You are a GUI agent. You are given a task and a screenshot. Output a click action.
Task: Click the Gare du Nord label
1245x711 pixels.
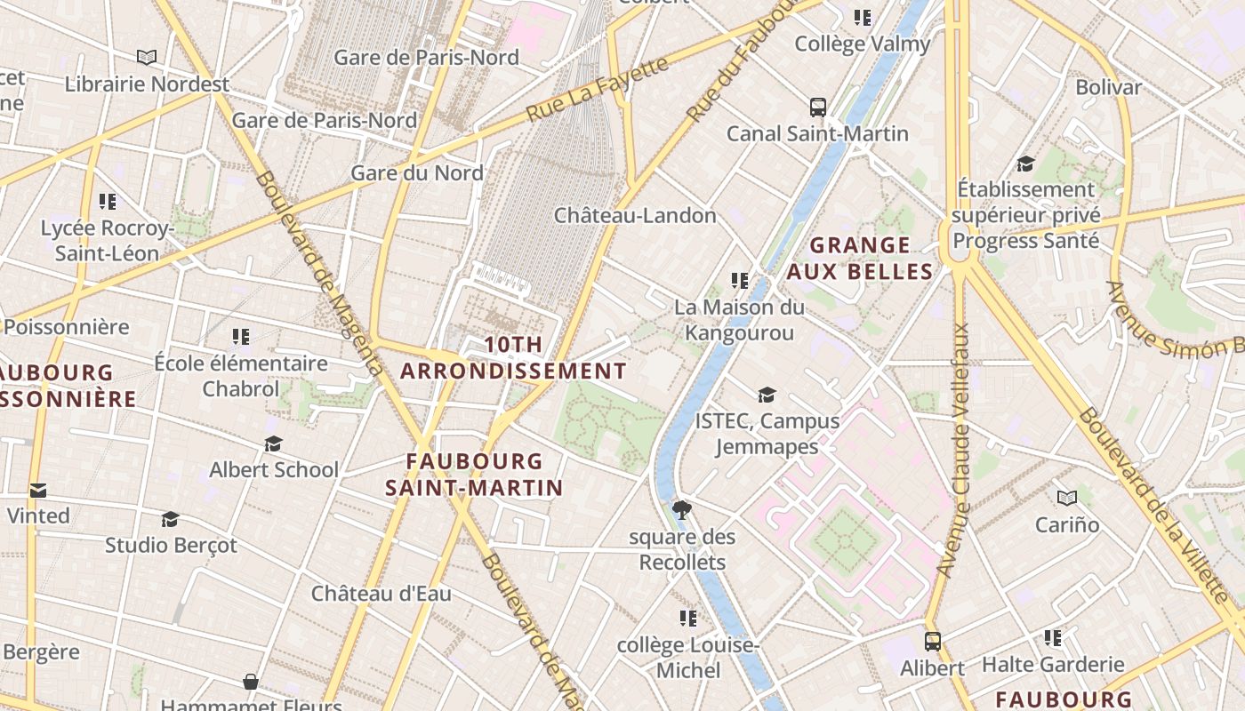coord(417,172)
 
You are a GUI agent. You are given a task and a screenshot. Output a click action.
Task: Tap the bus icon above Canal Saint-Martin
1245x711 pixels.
coord(818,108)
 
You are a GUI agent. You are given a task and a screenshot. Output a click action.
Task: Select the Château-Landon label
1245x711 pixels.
coord(635,215)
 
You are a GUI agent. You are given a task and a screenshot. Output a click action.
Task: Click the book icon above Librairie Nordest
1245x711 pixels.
coord(147,58)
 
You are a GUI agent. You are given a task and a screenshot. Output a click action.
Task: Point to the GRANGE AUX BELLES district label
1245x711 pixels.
coord(860,258)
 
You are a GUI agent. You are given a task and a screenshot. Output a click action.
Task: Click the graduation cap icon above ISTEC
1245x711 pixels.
coord(767,395)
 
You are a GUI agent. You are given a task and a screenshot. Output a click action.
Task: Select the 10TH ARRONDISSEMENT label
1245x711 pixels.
coord(513,357)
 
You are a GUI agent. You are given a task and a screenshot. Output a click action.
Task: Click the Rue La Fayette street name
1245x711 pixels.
coord(597,90)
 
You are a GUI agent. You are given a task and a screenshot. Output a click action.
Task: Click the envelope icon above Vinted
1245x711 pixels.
coord(38,490)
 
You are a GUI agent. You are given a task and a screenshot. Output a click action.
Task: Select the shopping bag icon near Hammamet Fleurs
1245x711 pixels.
coord(251,682)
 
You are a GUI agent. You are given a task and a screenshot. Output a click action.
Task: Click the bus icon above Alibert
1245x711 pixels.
coord(932,641)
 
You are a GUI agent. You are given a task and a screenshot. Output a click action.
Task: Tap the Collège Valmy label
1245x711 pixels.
coord(862,44)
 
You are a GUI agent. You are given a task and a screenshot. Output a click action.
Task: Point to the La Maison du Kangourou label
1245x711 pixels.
coord(739,320)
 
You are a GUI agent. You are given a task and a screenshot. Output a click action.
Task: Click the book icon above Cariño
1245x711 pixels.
coord(1067,498)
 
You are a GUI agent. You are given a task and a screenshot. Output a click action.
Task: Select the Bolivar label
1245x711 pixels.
coord(1108,87)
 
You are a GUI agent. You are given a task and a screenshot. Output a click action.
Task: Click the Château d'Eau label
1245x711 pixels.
coord(381,594)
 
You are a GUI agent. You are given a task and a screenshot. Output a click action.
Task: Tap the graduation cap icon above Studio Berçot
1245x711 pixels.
coord(170,518)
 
